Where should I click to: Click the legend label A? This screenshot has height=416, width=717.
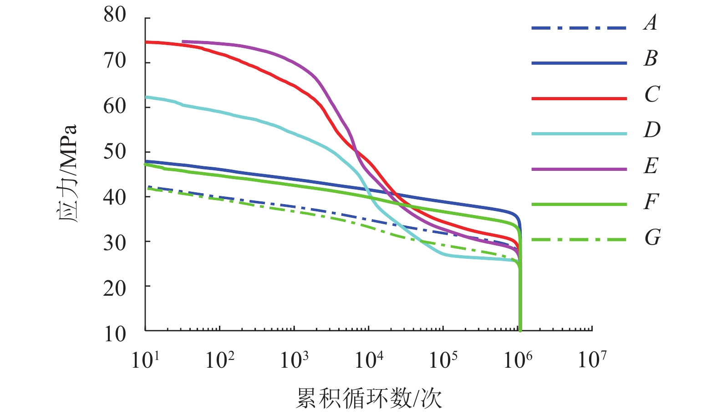click(651, 23)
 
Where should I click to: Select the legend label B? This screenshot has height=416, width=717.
click(651, 58)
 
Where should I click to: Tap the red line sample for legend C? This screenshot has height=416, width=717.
click(579, 98)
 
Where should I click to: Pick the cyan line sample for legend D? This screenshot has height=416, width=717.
click(579, 134)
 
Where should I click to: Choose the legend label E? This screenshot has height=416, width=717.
click(651, 165)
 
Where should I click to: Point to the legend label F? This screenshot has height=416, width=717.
click(651, 201)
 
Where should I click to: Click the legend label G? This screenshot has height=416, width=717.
click(652, 237)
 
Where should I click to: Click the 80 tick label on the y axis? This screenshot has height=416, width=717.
click(115, 15)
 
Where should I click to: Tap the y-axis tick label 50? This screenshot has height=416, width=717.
click(115, 152)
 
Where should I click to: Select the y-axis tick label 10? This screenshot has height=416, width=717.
click(115, 334)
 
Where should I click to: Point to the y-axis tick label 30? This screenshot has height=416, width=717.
click(115, 243)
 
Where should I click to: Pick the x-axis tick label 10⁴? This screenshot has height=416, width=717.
click(369, 360)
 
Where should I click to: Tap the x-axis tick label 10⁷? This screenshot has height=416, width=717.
click(592, 360)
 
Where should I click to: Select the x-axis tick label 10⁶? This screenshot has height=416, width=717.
click(518, 360)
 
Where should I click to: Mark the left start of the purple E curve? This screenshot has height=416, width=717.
click(183, 41)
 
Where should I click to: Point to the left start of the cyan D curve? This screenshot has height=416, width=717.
click(146, 97)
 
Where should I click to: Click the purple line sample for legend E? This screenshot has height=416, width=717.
click(579, 169)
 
